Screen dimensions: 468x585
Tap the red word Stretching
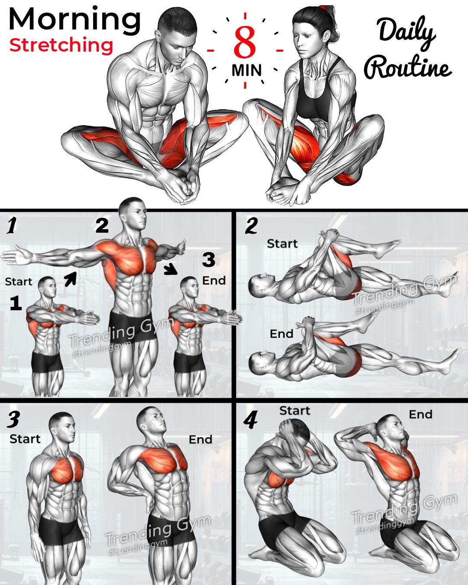[61, 45]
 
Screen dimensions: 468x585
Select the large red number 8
[244, 42]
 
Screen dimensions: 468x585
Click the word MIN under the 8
[247, 70]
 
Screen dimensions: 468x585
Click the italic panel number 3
[13, 419]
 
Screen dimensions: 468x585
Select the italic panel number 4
[250, 421]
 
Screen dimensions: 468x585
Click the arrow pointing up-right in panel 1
[71, 279]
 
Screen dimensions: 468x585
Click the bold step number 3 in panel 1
[208, 260]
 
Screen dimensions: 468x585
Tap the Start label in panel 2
[282, 244]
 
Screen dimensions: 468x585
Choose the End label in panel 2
[282, 334]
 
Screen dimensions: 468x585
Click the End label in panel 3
[200, 439]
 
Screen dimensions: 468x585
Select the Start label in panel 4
[295, 411]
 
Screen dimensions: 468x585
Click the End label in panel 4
[421, 415]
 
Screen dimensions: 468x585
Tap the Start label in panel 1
[19, 282]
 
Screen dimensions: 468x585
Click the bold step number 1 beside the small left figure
[16, 303]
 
